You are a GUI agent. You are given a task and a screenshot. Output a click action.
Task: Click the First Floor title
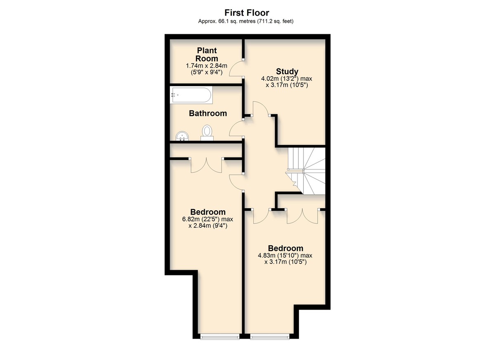247,13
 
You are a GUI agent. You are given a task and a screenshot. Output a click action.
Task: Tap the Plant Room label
207,54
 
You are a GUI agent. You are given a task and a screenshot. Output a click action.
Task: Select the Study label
287,71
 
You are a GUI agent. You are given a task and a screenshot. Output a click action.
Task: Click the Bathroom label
208,113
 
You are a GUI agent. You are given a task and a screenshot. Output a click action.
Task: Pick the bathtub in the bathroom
191,95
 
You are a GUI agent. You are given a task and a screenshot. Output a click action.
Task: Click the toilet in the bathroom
207,132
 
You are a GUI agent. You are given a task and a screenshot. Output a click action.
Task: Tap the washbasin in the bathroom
182,136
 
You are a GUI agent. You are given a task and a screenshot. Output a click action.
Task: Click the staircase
306,171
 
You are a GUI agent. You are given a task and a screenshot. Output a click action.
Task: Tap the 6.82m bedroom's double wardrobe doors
206,166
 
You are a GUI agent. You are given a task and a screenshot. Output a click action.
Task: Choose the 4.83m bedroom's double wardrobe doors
302,217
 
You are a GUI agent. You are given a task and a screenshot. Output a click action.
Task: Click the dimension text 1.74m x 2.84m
206,66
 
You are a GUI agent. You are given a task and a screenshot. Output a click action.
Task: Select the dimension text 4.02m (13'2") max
287,79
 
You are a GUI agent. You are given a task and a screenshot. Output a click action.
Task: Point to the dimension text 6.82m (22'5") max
207,219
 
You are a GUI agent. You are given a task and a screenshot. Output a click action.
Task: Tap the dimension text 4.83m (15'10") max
285,256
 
